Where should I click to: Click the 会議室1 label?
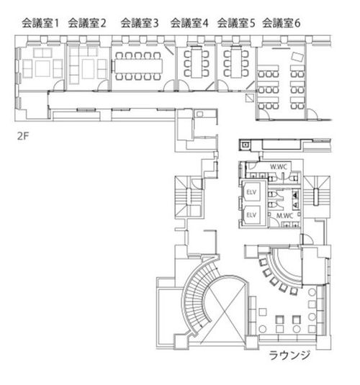[40, 23]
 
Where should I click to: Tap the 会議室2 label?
[87, 23]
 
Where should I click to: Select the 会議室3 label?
[140, 23]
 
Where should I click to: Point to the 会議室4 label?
[189, 23]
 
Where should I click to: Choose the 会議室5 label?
[236, 23]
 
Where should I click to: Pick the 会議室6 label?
[281, 23]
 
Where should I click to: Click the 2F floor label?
[23, 136]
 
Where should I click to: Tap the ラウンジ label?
[289, 355]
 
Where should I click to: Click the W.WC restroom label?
[279, 167]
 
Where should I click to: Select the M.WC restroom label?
[285, 216]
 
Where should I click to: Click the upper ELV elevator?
[251, 192]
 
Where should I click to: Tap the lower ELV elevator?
[251, 215]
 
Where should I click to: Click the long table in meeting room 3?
[138, 65]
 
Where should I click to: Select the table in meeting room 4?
[197, 63]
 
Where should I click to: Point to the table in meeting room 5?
[236, 63]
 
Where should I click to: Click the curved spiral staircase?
[194, 294]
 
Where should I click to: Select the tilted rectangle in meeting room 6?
[297, 57]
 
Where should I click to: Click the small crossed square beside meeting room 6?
[250, 97]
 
